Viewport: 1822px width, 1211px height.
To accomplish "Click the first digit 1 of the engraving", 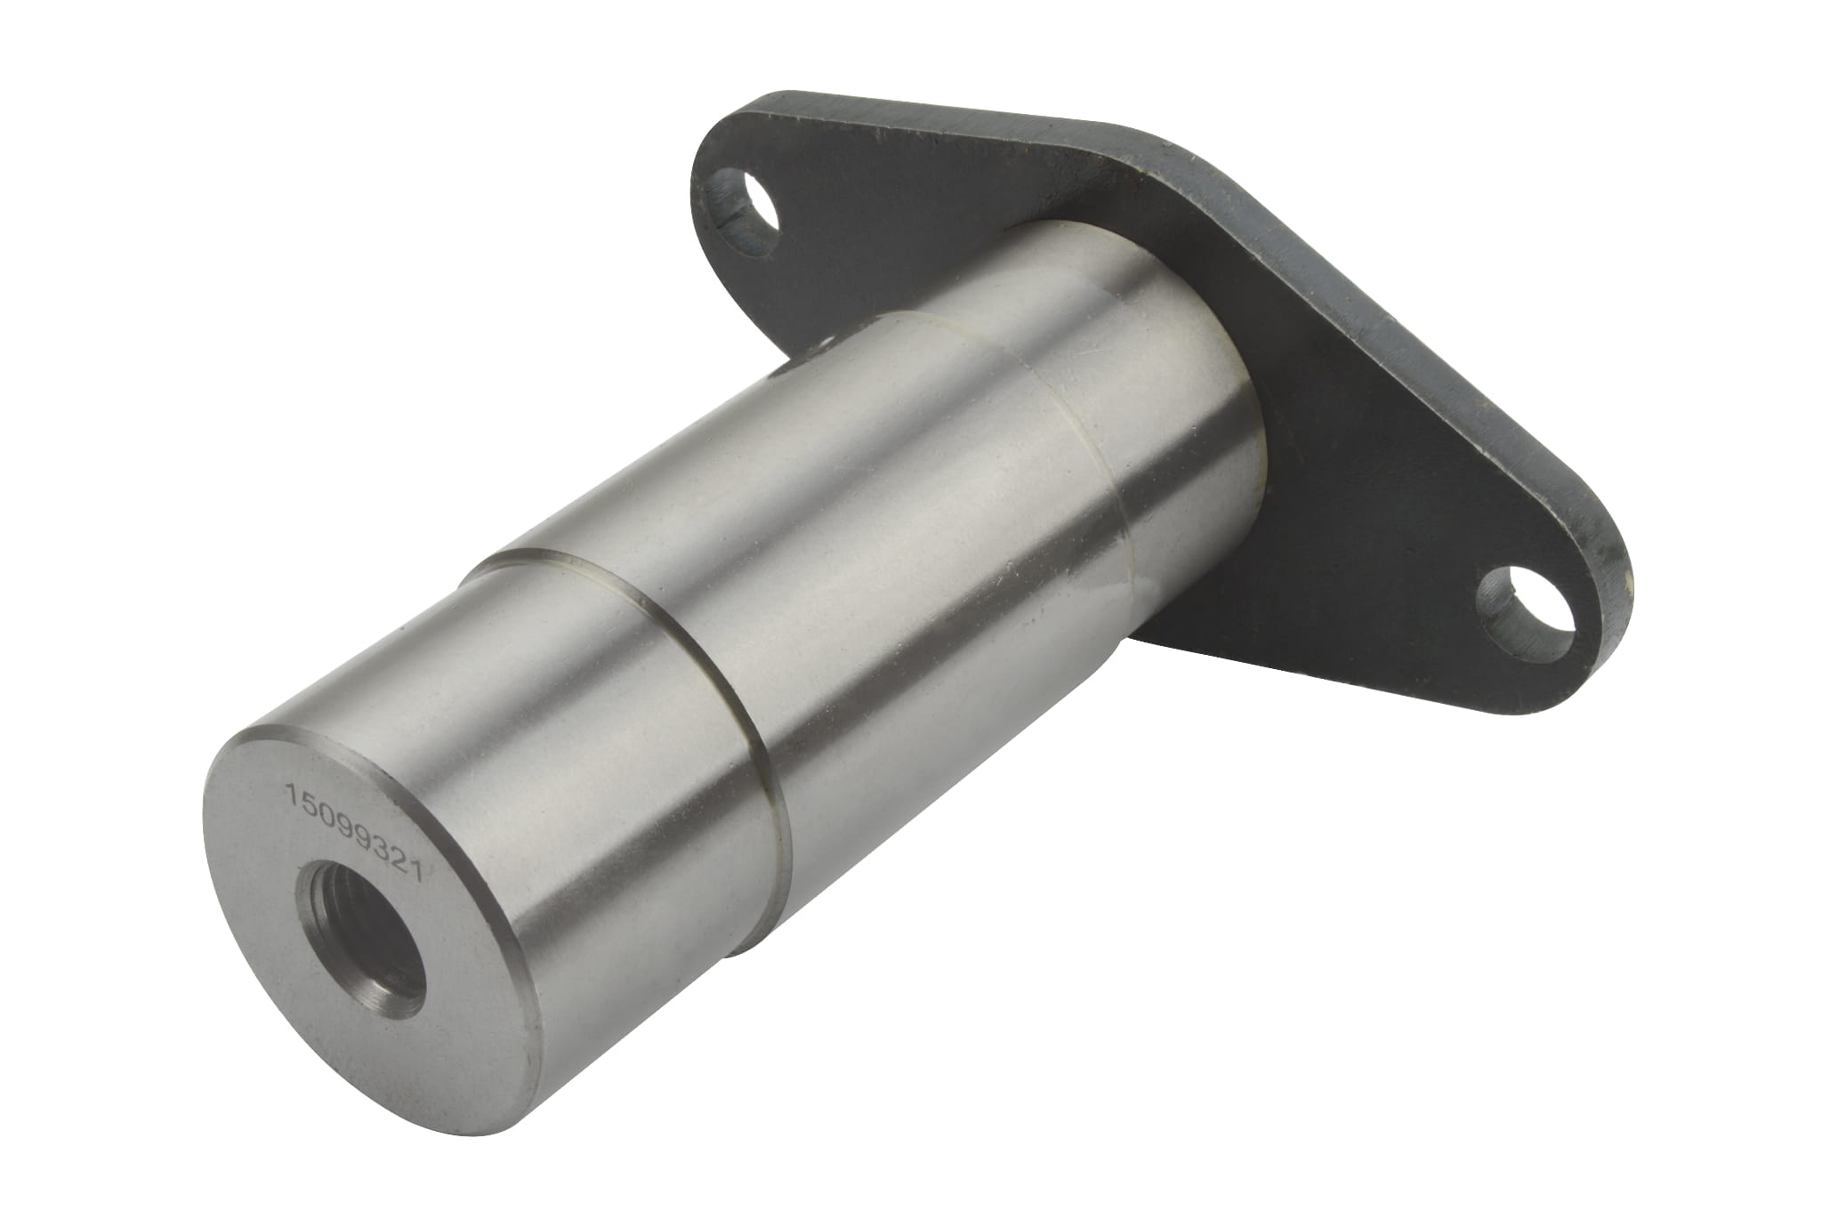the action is (289, 790).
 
